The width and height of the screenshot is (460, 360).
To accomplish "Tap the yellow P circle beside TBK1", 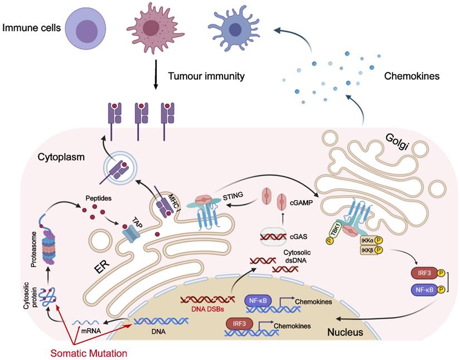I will pos(330,241).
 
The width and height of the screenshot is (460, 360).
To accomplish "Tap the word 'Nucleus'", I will pos(346,333).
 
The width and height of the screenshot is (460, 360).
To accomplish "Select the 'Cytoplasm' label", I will pos(62,158).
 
